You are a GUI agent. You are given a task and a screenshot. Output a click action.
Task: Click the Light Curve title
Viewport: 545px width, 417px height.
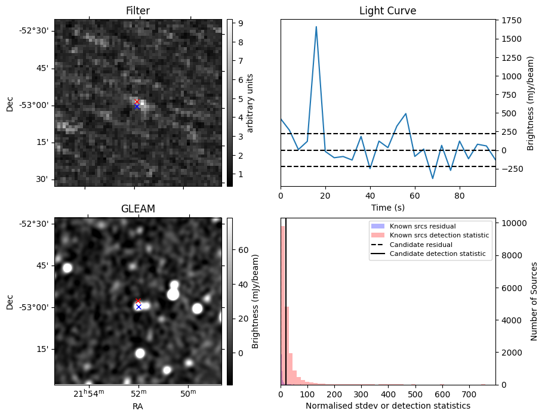click(387, 11)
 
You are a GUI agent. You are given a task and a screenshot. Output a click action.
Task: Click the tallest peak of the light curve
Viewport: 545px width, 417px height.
click(316, 27)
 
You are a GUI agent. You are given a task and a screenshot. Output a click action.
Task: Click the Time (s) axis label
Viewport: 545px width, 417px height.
click(387, 207)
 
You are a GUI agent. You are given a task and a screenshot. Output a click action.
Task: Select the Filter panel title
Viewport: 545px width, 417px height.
click(138, 11)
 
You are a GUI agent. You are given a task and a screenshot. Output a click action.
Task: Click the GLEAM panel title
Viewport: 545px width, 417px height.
click(138, 209)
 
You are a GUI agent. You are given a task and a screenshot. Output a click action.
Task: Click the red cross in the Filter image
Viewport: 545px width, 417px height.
click(137, 102)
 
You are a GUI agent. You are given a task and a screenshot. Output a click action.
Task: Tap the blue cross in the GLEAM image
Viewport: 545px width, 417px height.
click(138, 307)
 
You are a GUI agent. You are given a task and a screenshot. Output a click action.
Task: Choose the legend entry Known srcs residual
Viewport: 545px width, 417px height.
click(423, 226)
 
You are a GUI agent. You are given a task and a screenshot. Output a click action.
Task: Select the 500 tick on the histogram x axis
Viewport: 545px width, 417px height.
click(415, 394)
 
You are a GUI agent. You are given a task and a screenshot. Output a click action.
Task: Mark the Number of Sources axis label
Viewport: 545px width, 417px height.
click(534, 301)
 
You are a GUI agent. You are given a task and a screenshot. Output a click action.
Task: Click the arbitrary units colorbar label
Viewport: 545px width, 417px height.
click(251, 103)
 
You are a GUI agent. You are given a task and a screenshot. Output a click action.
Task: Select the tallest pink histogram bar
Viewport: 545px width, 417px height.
click(283, 304)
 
